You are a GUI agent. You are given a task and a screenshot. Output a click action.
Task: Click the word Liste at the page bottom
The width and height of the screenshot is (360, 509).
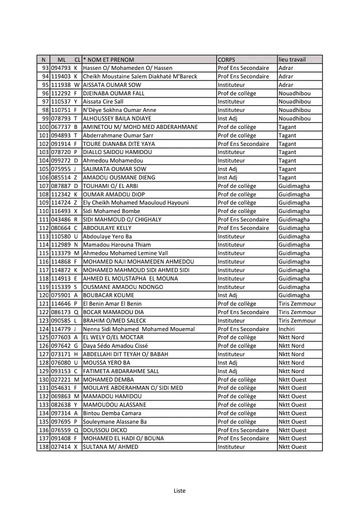point(179,490)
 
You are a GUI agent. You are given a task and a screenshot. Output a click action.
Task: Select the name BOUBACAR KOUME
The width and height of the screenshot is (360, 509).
point(106,295)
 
